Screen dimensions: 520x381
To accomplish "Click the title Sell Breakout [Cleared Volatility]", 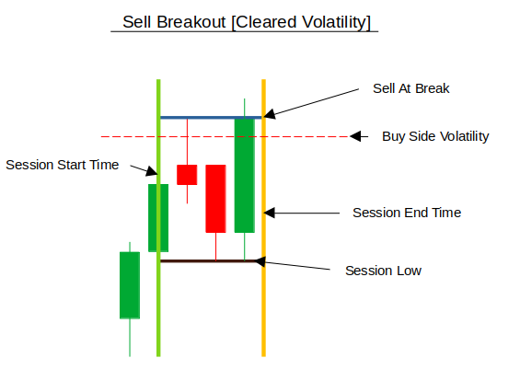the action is [x=246, y=23].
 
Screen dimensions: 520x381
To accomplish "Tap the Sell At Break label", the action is [x=410, y=88].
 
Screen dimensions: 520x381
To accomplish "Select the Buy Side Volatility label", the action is [x=435, y=136].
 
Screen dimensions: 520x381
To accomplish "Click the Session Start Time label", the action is [x=63, y=165].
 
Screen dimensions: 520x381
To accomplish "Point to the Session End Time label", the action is [x=407, y=213].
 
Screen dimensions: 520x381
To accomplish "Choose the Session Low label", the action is [x=384, y=271].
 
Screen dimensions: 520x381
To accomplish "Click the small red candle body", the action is [x=187, y=175].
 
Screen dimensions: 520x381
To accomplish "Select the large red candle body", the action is [x=216, y=199].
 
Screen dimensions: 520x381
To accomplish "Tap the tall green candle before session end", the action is [x=245, y=176].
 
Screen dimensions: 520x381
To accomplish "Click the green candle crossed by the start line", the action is [x=158, y=218].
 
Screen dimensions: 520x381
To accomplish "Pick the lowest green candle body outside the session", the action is [x=130, y=285].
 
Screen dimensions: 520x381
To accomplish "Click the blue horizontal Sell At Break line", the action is [x=212, y=118].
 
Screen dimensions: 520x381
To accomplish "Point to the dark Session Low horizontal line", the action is [x=209, y=261].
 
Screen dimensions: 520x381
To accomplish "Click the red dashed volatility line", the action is [x=225, y=136].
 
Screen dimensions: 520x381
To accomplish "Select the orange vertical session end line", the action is [x=263, y=218].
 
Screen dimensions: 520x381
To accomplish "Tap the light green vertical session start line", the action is [x=158, y=218].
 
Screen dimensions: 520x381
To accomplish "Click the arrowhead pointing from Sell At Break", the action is [x=270, y=114].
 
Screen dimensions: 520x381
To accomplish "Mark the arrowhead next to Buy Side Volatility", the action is [x=355, y=136].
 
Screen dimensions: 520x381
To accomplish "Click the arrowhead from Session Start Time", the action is [x=152, y=171].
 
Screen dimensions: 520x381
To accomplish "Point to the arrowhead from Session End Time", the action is [x=270, y=213].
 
